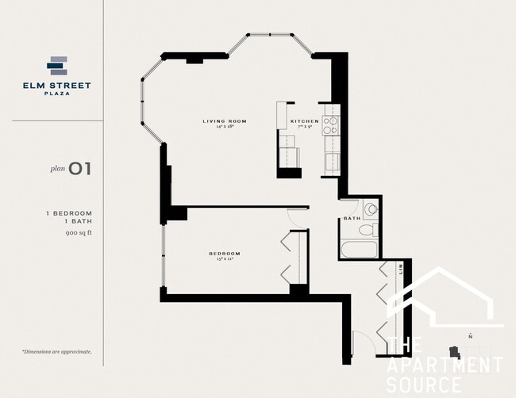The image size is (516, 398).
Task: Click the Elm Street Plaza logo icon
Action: [58, 66]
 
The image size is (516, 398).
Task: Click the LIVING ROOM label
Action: [225, 121]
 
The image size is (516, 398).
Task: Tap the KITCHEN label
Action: [304, 121]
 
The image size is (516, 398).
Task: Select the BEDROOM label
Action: [225, 254]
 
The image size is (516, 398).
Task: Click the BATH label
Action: [352, 218]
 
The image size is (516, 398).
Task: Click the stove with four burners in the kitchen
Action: [329, 124]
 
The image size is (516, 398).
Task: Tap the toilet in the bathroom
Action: [367, 231]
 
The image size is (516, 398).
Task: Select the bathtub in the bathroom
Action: [359, 251]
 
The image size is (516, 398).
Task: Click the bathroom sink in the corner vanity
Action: [371, 209]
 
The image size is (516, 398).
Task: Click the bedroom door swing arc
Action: [296, 215]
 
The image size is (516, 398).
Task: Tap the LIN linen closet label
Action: [402, 270]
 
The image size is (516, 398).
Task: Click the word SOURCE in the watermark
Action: [423, 385]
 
